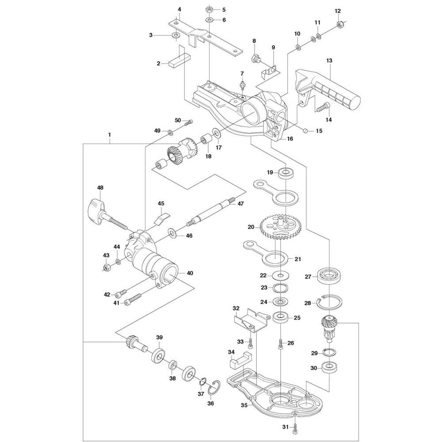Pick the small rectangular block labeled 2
pos(178,60)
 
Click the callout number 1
pos(109,133)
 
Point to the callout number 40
pos(190,273)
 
